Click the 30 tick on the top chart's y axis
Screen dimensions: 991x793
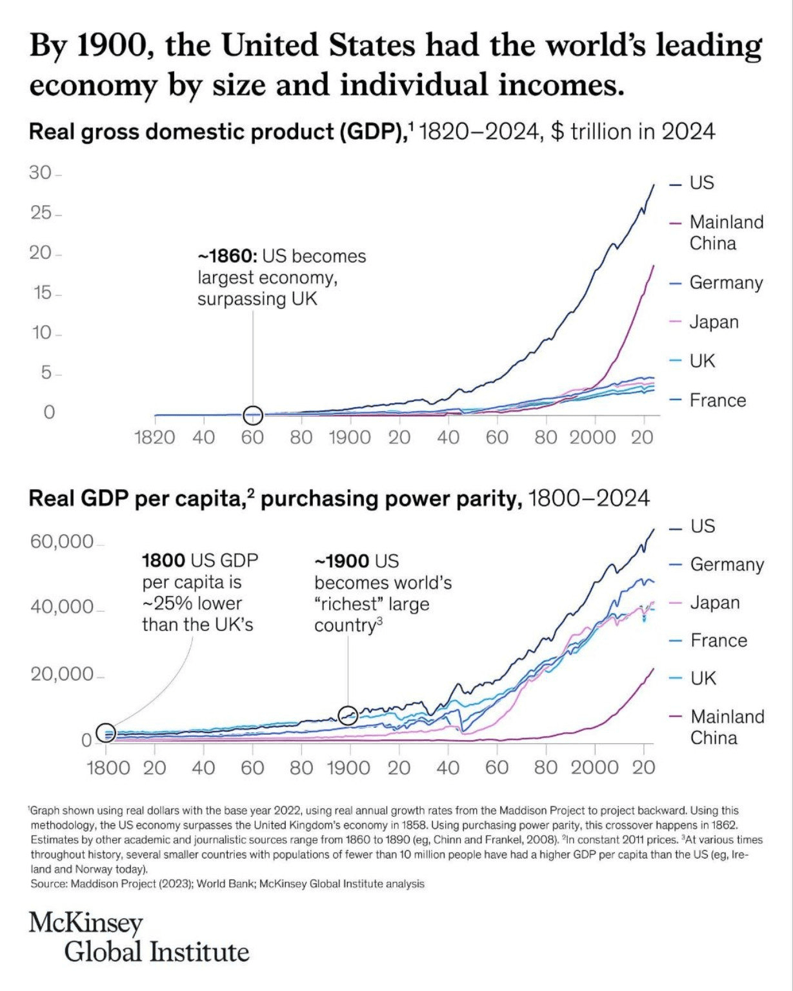[x=39, y=173]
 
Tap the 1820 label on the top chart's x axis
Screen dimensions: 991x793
[x=154, y=437]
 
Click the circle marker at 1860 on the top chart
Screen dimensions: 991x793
[x=253, y=415]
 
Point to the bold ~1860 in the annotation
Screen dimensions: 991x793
[x=227, y=256]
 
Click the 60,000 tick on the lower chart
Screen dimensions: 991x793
[x=62, y=541]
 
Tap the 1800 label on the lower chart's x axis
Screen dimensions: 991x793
[x=108, y=768]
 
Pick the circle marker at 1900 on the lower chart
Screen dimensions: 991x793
[x=348, y=715]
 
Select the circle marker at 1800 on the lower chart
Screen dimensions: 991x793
[x=106, y=732]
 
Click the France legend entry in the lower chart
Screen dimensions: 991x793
[x=718, y=641]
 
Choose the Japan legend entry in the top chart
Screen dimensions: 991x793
[x=714, y=322]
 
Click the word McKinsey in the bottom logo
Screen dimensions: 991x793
[x=86, y=923]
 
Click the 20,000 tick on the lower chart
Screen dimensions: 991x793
[x=62, y=674]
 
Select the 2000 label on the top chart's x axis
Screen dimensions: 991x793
[x=592, y=437]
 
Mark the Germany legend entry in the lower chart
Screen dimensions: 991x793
[x=727, y=565]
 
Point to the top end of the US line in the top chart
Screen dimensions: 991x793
[x=653, y=185]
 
